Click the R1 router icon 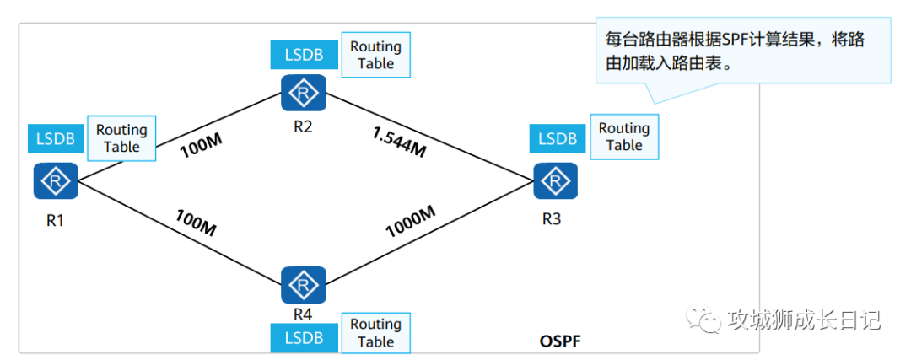(x=55, y=181)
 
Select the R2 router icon (x=303, y=93)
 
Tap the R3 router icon (x=555, y=182)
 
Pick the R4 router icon (x=303, y=284)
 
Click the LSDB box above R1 (x=55, y=139)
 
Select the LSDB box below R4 (x=303, y=338)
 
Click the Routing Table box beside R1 (x=121, y=138)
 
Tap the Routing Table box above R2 (x=376, y=55)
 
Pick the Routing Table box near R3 (x=624, y=137)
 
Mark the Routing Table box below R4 (x=376, y=333)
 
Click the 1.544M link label (x=400, y=142)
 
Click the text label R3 (x=552, y=219)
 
